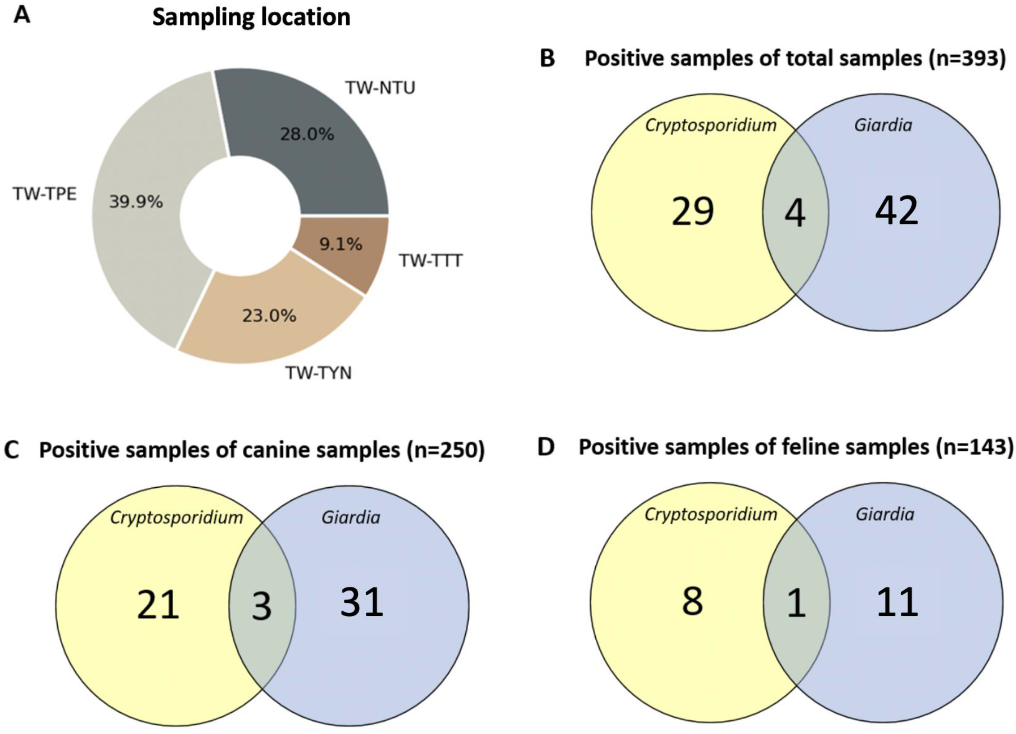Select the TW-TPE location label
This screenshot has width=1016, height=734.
(x=45, y=194)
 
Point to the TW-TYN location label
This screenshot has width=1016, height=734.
(x=319, y=373)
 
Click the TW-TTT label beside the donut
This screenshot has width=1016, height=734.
(x=430, y=260)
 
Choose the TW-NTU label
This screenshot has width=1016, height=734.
(x=380, y=88)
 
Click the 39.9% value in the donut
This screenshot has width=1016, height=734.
(x=136, y=202)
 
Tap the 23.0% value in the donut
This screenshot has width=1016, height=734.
(x=269, y=316)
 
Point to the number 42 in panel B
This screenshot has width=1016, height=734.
(x=897, y=211)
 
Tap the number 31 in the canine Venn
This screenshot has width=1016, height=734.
(x=362, y=603)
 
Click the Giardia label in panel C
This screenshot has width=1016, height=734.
(x=351, y=517)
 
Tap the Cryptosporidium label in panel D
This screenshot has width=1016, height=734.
(x=710, y=514)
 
